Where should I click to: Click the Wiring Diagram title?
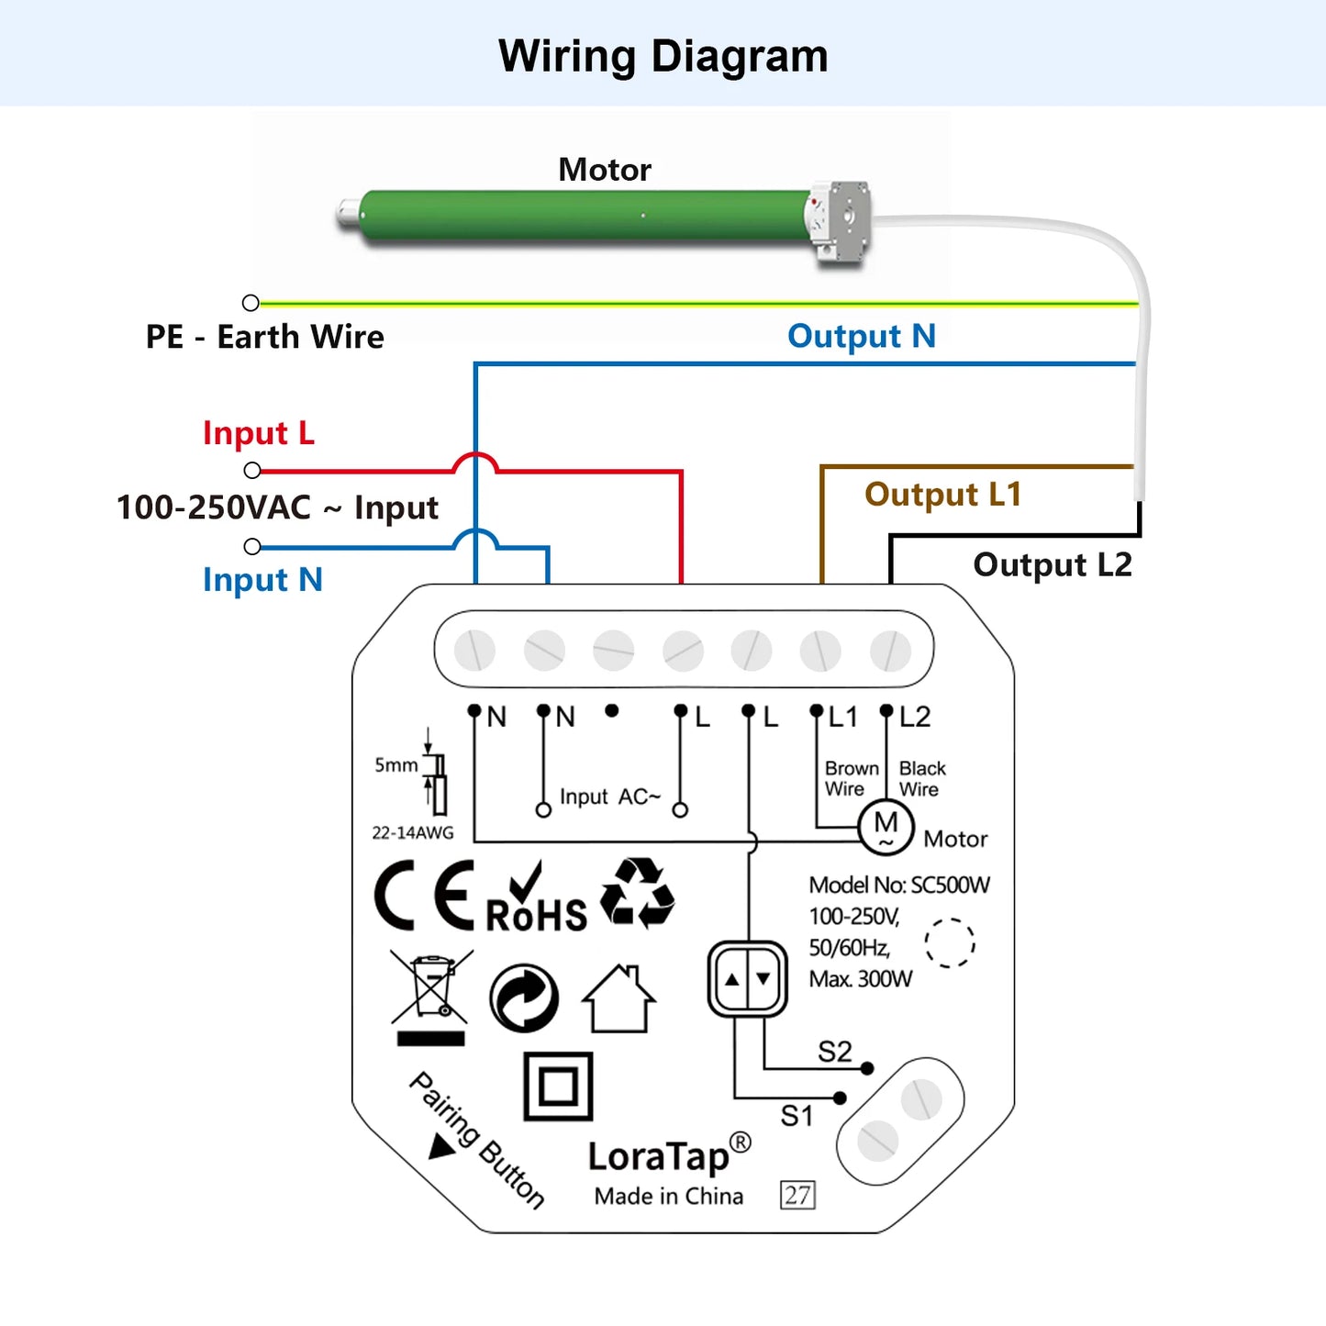point(663,56)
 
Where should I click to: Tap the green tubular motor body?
point(587,217)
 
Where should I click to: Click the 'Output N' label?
point(861,336)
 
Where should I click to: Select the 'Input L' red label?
point(259,433)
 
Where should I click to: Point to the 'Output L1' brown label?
point(942,495)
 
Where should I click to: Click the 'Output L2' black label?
point(1052,564)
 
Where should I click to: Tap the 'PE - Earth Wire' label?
point(264,337)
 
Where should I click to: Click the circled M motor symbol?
point(886,827)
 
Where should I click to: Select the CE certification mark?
point(425,896)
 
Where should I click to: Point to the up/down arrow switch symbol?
point(747,978)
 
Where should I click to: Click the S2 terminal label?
point(834,1052)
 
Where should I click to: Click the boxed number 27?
point(797,1195)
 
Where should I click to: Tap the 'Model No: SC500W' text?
point(898,886)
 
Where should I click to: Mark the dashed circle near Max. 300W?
point(949,942)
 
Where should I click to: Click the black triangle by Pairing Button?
point(442,1146)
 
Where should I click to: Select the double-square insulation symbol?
point(558,1086)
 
